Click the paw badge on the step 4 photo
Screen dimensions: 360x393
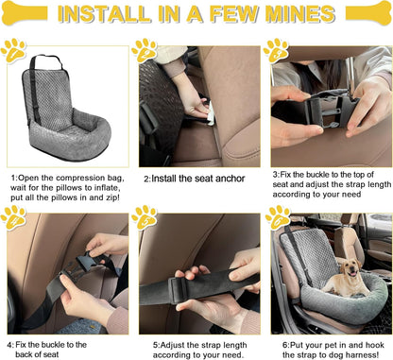pyautogui.click(x=14, y=218)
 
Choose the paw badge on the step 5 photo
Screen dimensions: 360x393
pyautogui.click(x=145, y=218)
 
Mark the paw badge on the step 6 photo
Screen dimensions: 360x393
pyautogui.click(x=276, y=218)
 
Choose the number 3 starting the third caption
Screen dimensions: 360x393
pyautogui.click(x=274, y=176)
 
